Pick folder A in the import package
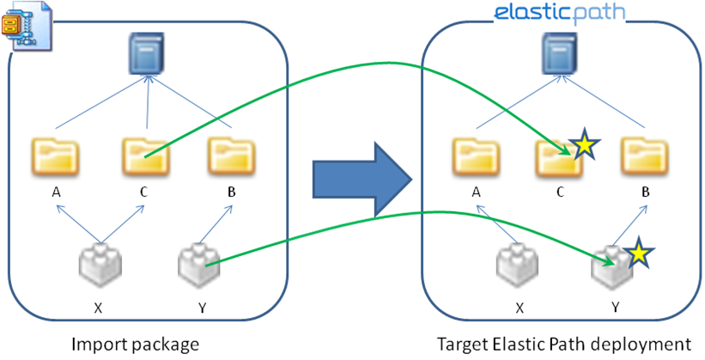click(x=56, y=156)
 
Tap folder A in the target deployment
click(x=475, y=156)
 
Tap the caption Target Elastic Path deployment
click(x=563, y=345)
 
